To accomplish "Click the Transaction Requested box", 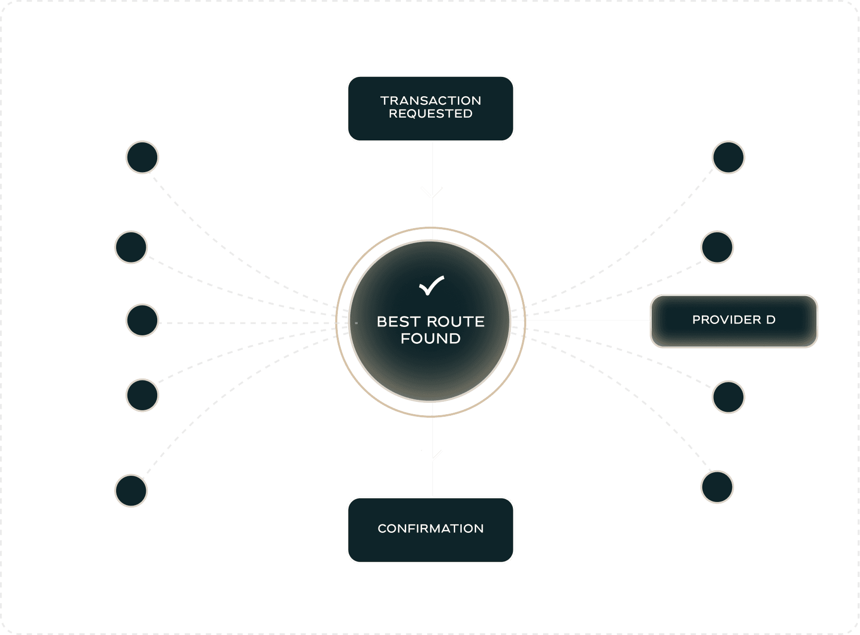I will tap(430, 109).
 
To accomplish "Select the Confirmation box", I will tap(430, 530).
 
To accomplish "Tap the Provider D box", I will tap(734, 320).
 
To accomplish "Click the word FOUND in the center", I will tap(430, 338).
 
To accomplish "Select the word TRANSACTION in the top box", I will tap(430, 101).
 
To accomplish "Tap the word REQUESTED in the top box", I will tap(430, 114).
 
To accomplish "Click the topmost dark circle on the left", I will tap(142, 157).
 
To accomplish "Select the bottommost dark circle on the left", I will tap(131, 491).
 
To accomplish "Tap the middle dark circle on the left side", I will tap(142, 320).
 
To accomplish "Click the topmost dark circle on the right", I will tap(728, 157).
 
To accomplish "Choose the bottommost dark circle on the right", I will tap(717, 487).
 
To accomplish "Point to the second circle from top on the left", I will tap(131, 247).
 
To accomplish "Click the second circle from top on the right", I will tap(717, 247).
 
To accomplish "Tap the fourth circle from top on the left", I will tap(142, 395).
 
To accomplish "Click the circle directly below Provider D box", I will tap(728, 397).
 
